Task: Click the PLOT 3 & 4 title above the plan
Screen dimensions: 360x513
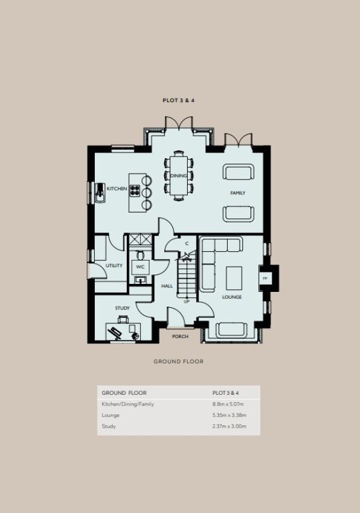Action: point(178,100)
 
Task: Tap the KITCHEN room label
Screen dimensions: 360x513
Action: point(117,189)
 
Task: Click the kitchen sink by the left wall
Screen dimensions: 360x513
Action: point(100,192)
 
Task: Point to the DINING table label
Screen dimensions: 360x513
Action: point(178,176)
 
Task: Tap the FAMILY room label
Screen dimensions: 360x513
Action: point(238,193)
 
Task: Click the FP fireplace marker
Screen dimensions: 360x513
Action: point(265,279)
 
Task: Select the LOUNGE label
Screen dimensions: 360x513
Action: point(232,297)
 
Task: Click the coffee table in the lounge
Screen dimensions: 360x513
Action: point(234,278)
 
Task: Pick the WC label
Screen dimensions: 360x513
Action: point(140,267)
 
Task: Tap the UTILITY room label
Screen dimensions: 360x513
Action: point(114,266)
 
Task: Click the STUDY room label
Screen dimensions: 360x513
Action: point(122,308)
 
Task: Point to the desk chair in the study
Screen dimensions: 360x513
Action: point(123,319)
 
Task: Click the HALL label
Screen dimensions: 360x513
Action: point(167,287)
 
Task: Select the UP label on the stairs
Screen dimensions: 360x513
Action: point(186,302)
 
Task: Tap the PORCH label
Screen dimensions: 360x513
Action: point(180,337)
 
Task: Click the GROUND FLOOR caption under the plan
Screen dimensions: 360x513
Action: point(179,361)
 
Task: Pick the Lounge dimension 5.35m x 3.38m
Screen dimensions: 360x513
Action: point(229,415)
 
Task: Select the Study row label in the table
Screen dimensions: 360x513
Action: point(109,426)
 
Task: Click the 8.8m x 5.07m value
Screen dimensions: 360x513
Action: point(228,404)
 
